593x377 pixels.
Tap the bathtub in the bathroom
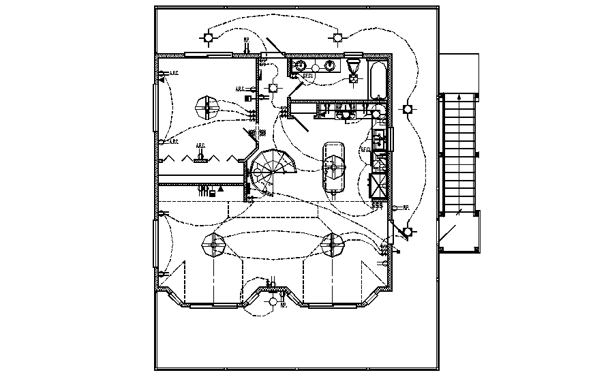tap(378, 80)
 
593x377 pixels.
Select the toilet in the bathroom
tap(353, 66)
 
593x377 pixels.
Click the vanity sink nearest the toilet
tap(331, 65)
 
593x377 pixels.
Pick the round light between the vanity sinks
tap(315, 66)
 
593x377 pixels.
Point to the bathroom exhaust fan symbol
tap(353, 79)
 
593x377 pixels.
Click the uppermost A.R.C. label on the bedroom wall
tap(172, 74)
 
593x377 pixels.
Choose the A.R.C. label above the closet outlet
tap(200, 145)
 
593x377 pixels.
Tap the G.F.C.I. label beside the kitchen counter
tap(365, 149)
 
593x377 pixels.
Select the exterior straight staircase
tap(459, 153)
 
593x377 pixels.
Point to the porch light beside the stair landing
tap(408, 231)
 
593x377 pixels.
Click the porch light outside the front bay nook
tap(273, 301)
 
